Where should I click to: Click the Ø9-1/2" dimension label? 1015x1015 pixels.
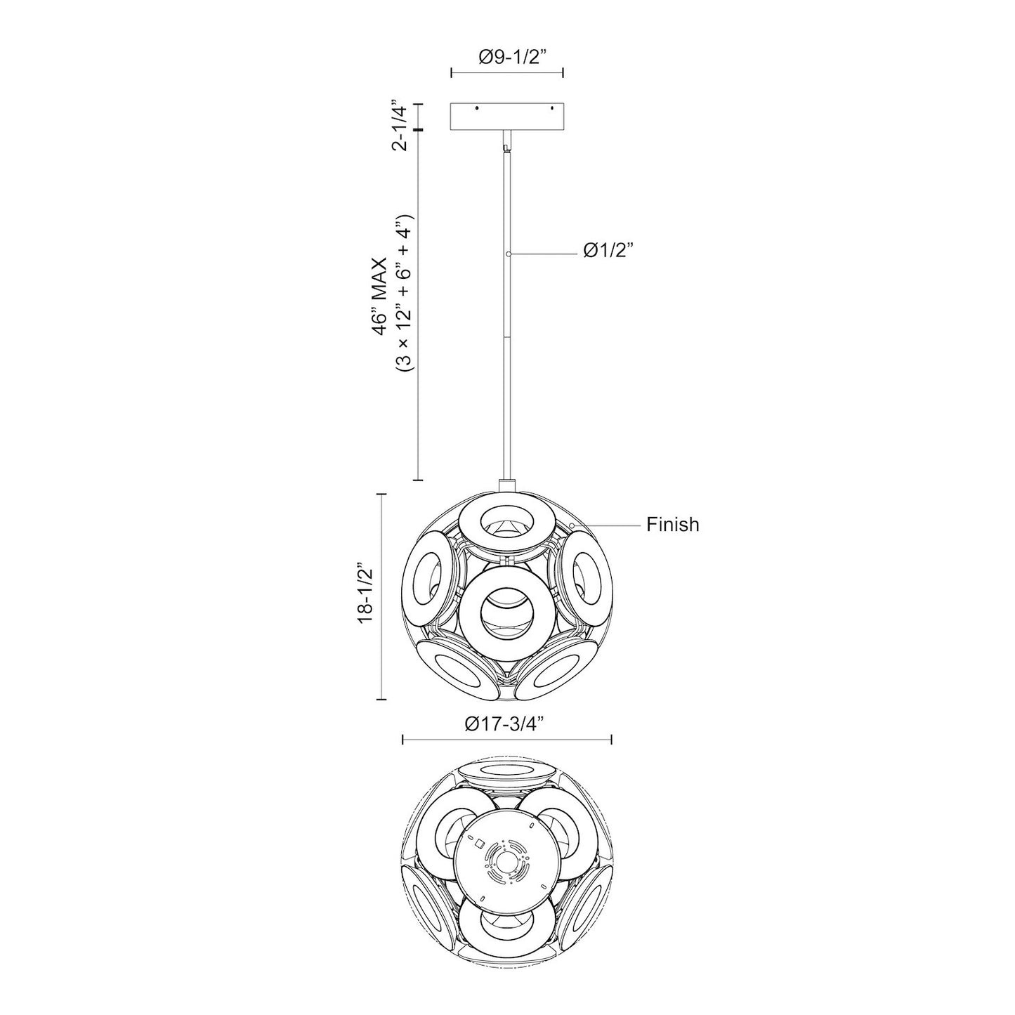coord(507,58)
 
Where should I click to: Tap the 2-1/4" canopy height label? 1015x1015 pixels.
coord(399,125)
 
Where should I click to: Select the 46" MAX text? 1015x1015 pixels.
coord(379,299)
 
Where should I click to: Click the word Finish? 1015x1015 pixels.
coord(672,525)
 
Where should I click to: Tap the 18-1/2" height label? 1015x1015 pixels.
coord(364,596)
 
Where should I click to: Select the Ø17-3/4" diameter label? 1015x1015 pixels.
coord(506,723)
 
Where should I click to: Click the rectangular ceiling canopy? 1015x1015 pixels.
coord(506,117)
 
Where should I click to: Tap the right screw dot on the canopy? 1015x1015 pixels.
coord(552,109)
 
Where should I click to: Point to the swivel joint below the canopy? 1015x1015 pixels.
coord(506,146)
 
